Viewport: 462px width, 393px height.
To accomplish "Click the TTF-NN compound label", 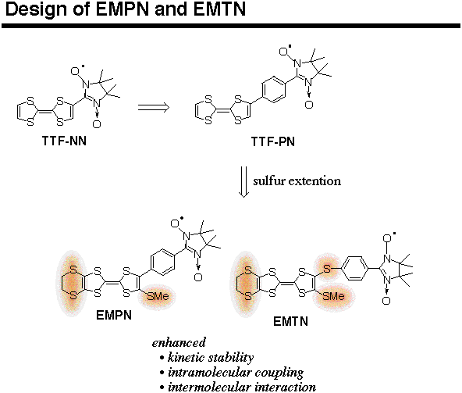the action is pos(64,141).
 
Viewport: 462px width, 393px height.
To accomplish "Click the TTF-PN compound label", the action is pos(273,141).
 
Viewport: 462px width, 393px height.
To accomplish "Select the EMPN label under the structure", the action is pos(114,316).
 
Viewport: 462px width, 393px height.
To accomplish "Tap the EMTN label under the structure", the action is pos(290,321).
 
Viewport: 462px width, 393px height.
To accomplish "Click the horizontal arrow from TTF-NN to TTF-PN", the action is pos(154,107).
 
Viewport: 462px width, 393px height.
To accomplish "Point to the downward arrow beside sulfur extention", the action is pos(243,182).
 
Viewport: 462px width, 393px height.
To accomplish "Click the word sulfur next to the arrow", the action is pos(269,180).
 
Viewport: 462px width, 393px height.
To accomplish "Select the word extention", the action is pos(315,180).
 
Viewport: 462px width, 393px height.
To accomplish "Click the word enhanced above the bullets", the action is pos(179,342).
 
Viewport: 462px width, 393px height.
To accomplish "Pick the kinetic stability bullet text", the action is pos(211,357).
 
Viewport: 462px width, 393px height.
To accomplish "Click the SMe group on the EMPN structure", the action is pos(158,296).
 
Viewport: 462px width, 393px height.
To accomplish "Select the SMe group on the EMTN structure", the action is pos(333,296).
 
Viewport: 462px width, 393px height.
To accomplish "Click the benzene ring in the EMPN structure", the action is pos(163,263).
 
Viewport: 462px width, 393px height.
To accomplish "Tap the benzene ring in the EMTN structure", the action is pos(356,268).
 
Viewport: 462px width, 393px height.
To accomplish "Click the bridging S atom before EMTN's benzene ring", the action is pos(326,269).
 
